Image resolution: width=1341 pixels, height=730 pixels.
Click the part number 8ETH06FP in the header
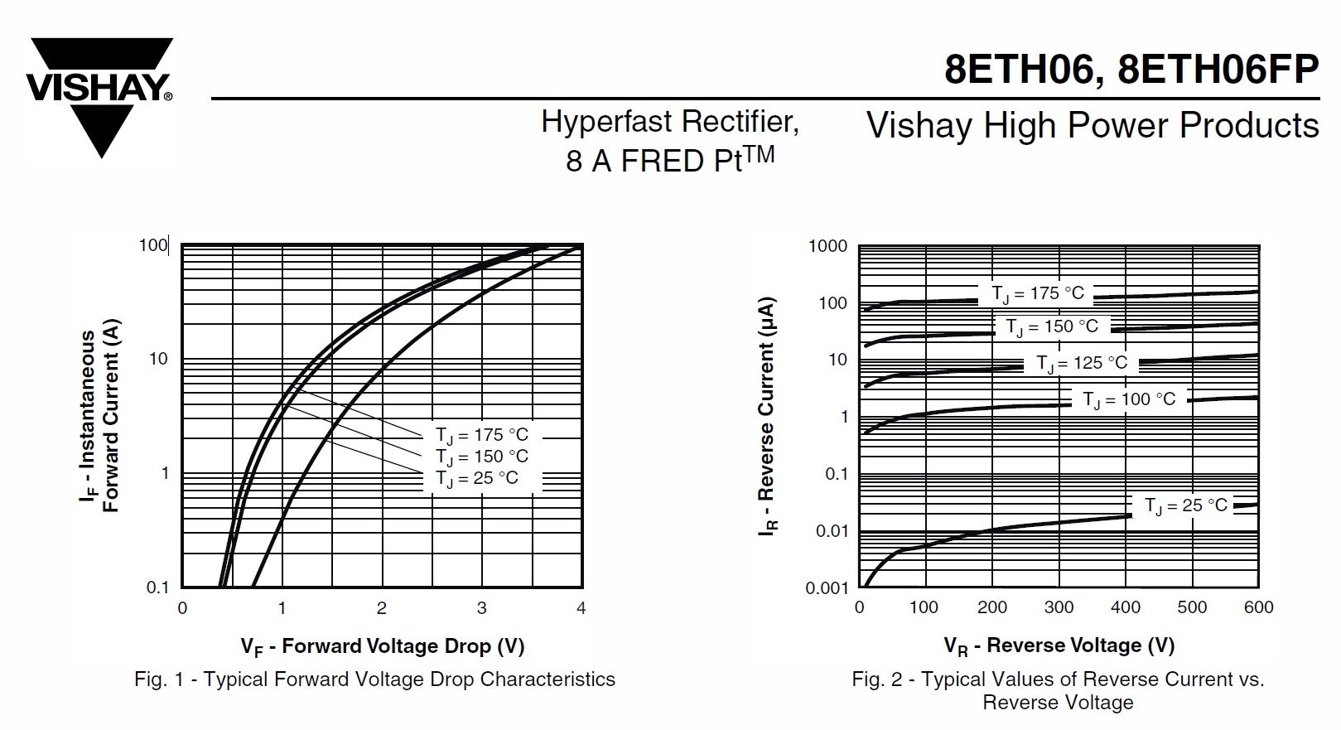click(x=1218, y=70)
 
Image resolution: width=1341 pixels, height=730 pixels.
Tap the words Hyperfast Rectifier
click(x=669, y=122)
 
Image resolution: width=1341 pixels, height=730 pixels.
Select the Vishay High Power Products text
click(x=1092, y=126)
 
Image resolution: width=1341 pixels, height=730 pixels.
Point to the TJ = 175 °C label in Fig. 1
click(x=481, y=435)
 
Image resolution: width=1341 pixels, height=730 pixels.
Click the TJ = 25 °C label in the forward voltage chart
click(x=476, y=478)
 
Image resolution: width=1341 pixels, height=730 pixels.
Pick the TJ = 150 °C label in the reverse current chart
click(x=1051, y=326)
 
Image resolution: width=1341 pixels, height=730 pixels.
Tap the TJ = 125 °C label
click(x=1081, y=363)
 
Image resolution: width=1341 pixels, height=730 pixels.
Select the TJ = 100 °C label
click(x=1129, y=399)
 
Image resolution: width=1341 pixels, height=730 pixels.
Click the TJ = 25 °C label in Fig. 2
click(x=1185, y=505)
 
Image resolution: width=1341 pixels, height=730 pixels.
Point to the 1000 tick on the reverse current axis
click(x=827, y=246)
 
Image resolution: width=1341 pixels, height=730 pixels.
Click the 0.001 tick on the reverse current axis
click(x=827, y=588)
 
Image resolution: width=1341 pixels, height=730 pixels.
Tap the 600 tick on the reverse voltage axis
click(x=1258, y=607)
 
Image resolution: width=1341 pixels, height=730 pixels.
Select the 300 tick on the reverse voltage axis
click(x=1059, y=607)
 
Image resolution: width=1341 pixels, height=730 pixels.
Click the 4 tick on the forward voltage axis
click(x=581, y=608)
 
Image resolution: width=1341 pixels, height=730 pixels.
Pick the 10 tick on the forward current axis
click(x=157, y=360)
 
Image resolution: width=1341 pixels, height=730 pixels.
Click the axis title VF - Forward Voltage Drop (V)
click(x=383, y=646)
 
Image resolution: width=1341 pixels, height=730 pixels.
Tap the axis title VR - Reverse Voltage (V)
click(x=1059, y=645)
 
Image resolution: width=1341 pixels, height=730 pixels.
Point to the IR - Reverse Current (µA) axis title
click(x=767, y=416)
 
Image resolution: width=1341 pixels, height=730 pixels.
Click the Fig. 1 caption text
click(x=374, y=679)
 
